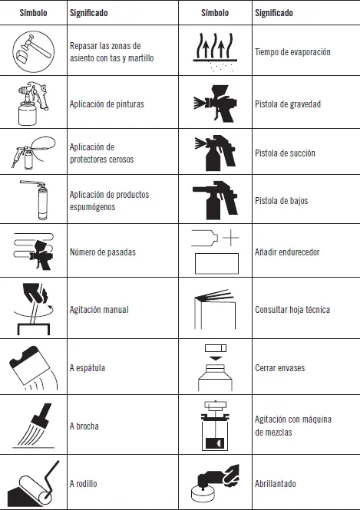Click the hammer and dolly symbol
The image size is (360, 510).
[x=34, y=51]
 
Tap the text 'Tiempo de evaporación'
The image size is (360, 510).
[x=292, y=52]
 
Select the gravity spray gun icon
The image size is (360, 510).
[x=215, y=104]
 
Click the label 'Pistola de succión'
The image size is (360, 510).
[x=285, y=153]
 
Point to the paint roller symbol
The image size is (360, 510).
[x=34, y=484]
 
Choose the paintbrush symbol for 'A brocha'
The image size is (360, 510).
[x=34, y=426]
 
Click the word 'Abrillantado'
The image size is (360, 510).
[x=276, y=484]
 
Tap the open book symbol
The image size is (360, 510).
[x=215, y=309]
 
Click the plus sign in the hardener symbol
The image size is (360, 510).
[x=231, y=238]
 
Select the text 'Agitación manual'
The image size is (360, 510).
[x=99, y=309]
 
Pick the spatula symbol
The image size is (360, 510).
[x=34, y=367]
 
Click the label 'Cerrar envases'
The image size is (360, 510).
[x=280, y=368]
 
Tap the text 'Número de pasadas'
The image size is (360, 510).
[x=103, y=252]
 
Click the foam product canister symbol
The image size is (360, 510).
[x=35, y=199]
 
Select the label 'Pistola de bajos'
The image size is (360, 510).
[x=281, y=201]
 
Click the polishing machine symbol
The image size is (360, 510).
[x=215, y=483]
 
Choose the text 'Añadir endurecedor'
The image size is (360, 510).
[x=287, y=252]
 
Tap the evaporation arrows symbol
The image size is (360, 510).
[x=215, y=51]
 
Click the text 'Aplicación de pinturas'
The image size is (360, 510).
[x=107, y=104]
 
